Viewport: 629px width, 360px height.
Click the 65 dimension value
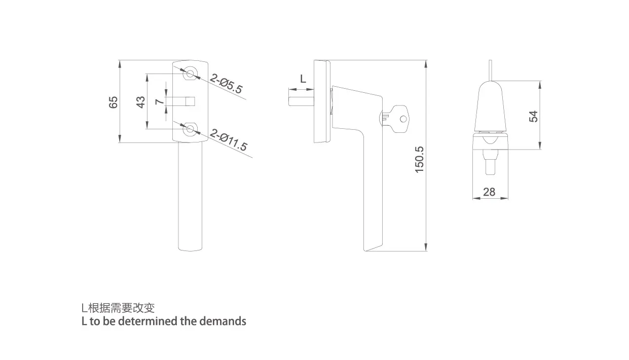point(113,102)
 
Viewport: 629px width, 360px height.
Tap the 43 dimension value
point(141,102)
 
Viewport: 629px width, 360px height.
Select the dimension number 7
point(160,101)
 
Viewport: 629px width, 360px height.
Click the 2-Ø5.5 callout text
point(226,83)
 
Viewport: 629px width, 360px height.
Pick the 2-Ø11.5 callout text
point(228,140)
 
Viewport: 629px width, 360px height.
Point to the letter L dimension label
point(303,79)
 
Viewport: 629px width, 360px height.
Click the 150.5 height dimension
point(419,160)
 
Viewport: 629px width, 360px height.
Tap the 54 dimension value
point(533,116)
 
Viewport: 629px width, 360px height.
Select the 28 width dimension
point(489,192)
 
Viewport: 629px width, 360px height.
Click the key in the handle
point(395,119)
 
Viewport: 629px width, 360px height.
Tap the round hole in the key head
point(403,119)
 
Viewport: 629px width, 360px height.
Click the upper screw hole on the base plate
point(190,74)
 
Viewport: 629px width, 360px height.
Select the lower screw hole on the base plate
point(190,129)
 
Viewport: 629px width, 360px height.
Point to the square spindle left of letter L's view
point(301,97)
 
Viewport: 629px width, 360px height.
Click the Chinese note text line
point(118,308)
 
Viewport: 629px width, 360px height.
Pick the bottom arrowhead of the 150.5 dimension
point(426,247)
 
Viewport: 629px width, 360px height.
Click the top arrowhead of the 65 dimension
point(120,64)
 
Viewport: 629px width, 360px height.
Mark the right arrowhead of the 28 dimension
point(504,198)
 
